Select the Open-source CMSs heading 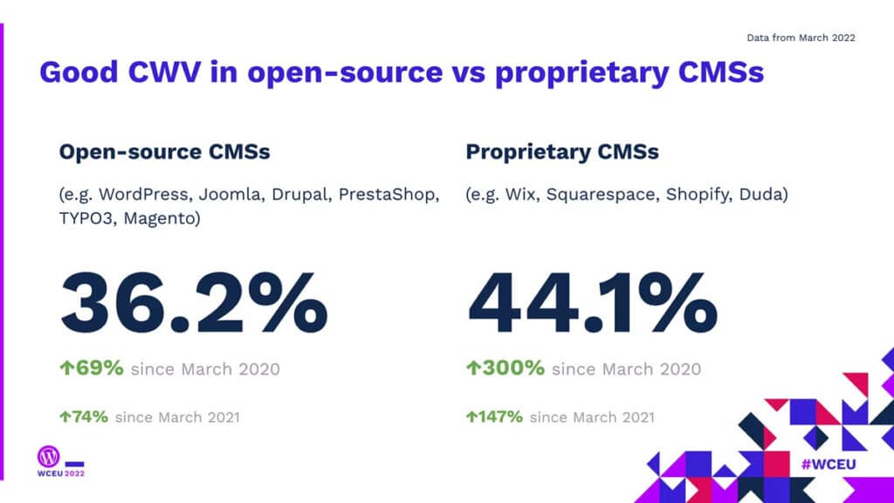[164, 152]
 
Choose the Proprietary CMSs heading [562, 152]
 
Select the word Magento [160, 218]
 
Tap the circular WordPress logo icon [48, 455]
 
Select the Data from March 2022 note [801, 38]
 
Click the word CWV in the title [165, 72]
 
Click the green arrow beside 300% [472, 369]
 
